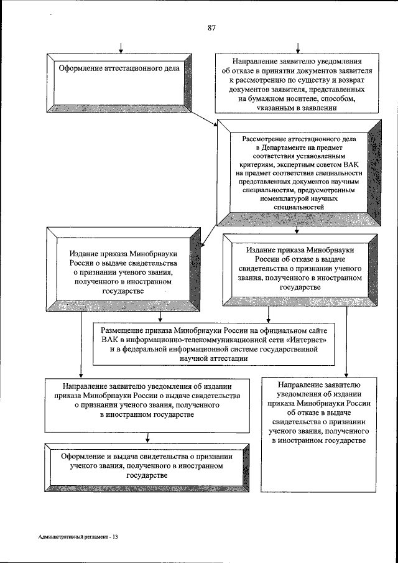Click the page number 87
pyautogui.click(x=211, y=27)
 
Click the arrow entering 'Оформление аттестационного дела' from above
pyautogui.click(x=121, y=49)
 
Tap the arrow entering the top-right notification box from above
pyautogui.click(x=299, y=49)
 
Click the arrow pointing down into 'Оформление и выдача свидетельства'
pyautogui.click(x=146, y=436)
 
